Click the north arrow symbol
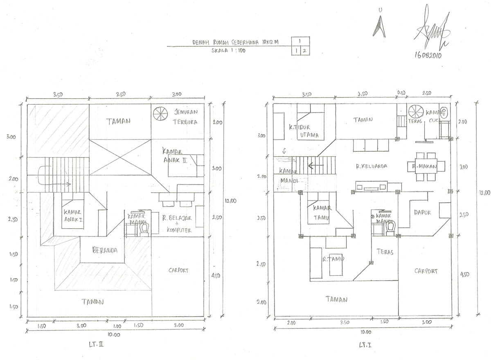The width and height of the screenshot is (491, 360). point(379,26)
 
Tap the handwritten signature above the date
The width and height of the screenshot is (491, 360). point(432,29)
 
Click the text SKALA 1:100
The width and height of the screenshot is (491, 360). point(228,51)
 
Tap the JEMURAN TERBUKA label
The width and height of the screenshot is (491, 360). point(185,117)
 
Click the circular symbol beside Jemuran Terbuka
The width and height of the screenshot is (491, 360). point(160,113)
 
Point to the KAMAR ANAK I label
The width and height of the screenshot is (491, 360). point(73,216)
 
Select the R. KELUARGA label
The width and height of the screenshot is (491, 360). point(371,166)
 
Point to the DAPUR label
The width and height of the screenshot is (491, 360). point(422,213)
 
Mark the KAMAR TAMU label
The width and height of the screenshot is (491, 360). point(322,213)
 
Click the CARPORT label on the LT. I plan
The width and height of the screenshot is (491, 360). point(426,271)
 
